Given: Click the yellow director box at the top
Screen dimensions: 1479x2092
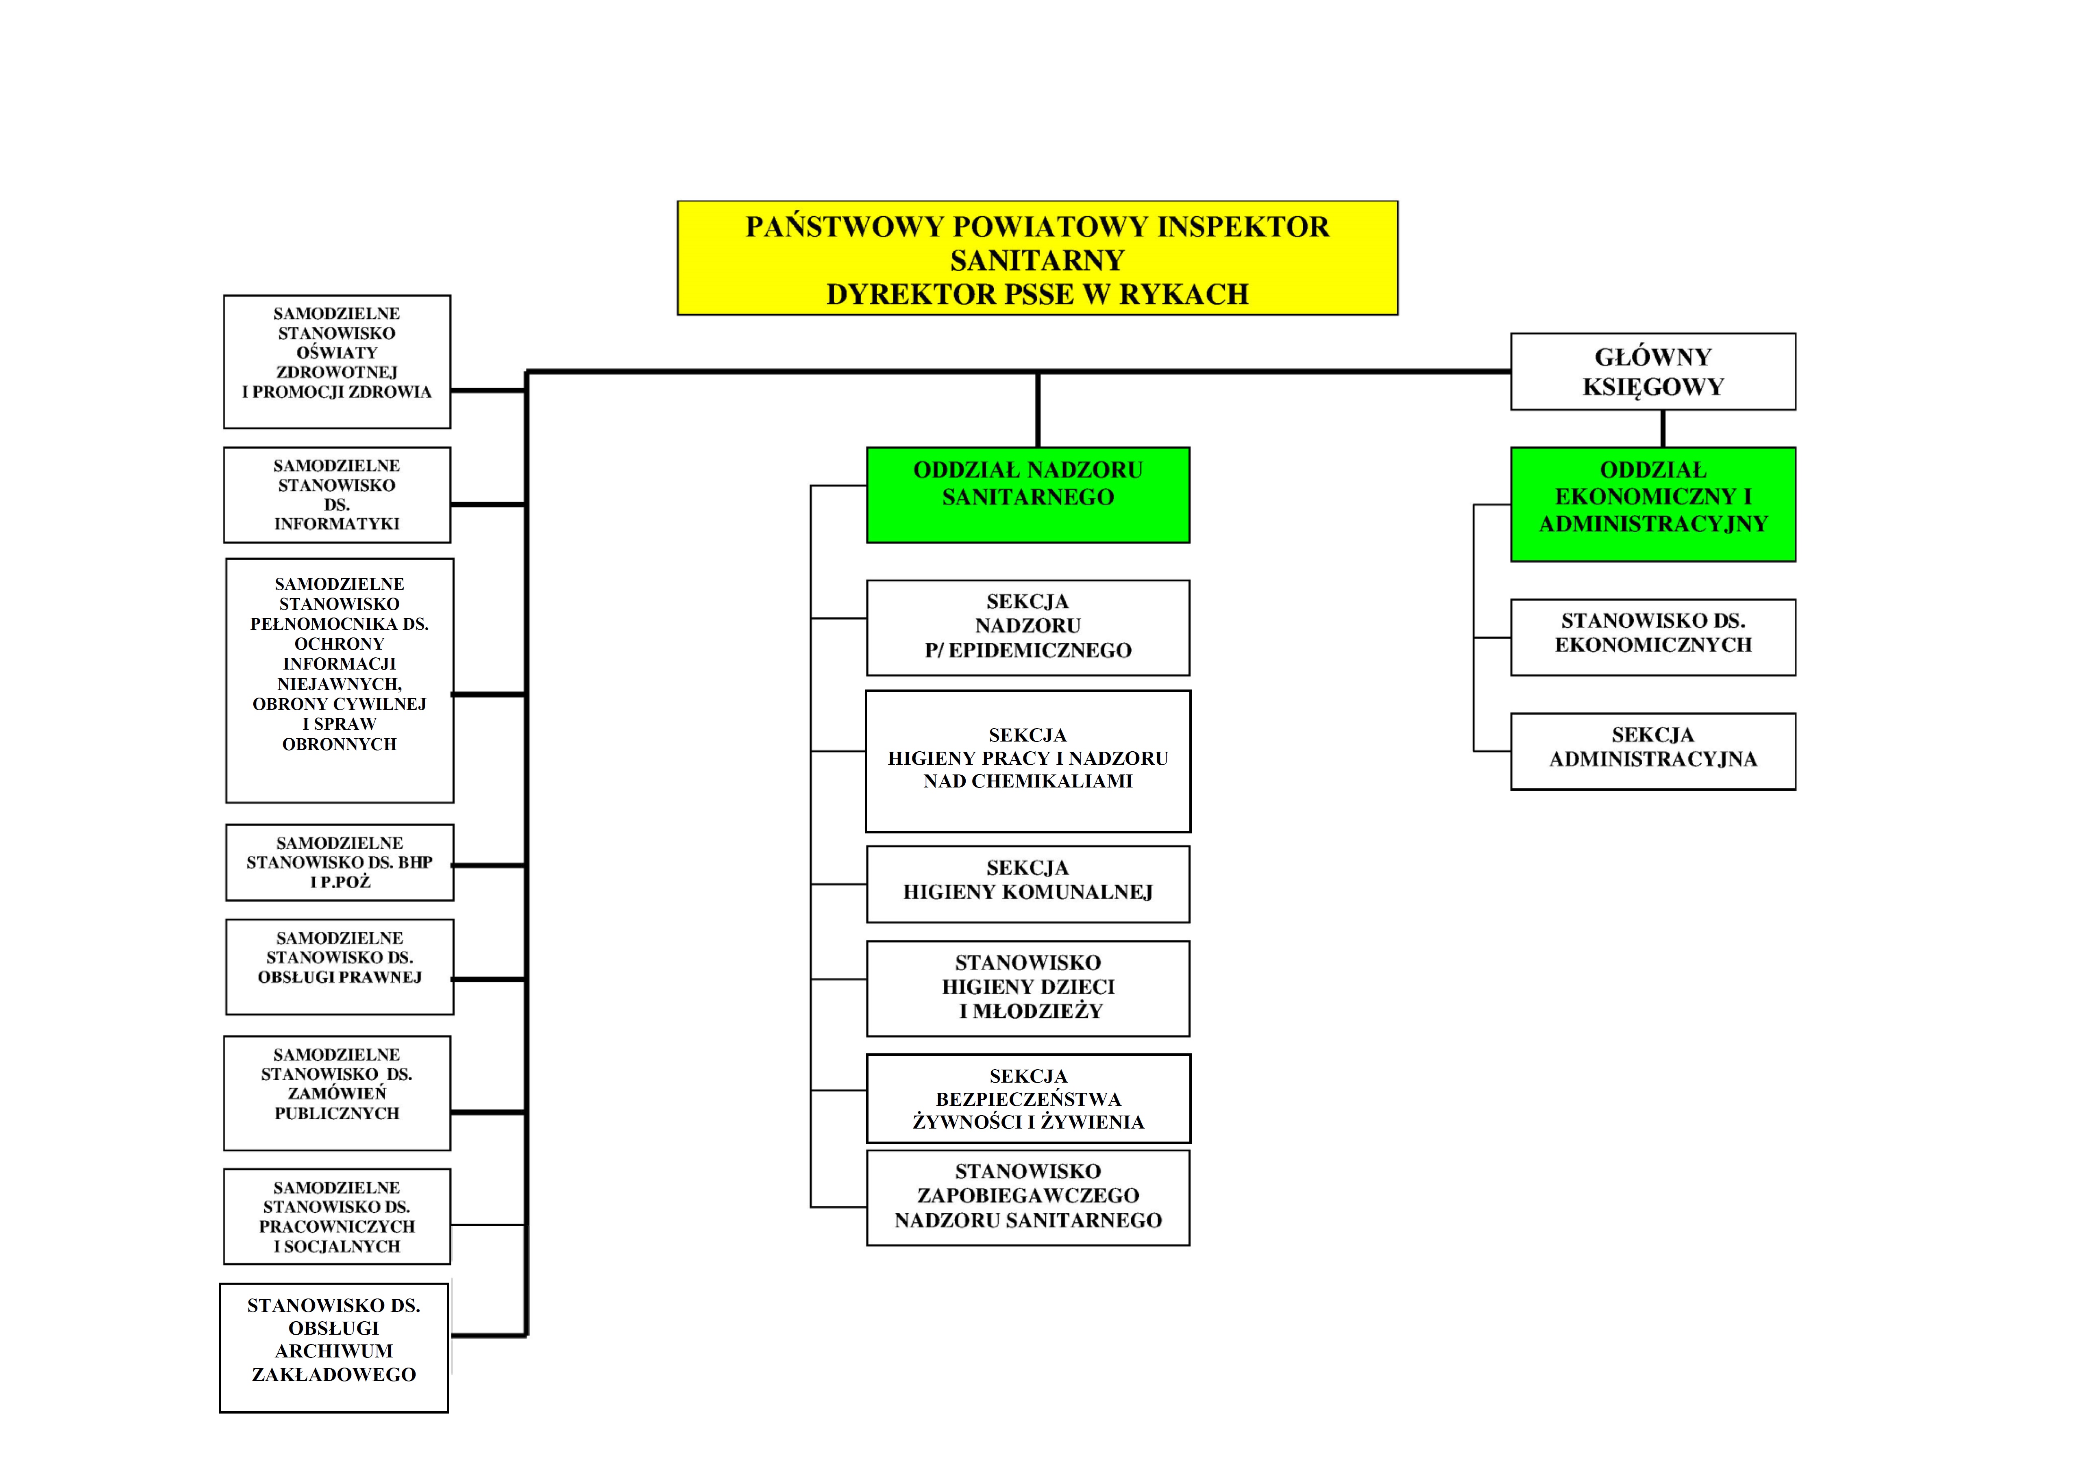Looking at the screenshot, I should point(1037,259).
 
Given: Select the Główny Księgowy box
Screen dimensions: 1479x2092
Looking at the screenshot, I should point(1652,372).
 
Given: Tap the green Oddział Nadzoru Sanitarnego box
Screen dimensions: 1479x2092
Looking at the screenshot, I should point(1028,495).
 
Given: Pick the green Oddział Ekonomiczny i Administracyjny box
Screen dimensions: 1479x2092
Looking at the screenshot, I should point(1652,504).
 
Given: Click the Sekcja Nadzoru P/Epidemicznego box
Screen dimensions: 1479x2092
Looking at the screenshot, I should point(1028,627).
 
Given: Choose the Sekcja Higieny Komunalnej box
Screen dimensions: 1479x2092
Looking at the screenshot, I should point(1028,884).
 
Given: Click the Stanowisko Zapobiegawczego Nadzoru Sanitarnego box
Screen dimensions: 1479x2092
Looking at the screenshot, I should point(1028,1197).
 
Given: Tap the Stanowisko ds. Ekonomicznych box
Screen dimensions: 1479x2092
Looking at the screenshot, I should point(1652,637).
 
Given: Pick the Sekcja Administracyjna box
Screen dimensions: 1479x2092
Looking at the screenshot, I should point(1652,751).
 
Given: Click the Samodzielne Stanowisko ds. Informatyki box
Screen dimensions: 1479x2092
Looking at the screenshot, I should point(337,495).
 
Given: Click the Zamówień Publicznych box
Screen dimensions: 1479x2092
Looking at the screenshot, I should point(337,1093).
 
